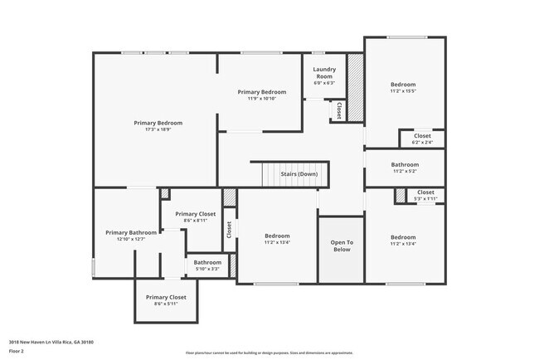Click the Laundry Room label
click(324, 73)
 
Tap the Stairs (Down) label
click(299, 174)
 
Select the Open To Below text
click(343, 246)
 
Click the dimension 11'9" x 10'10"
click(261, 99)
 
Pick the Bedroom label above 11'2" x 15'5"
click(403, 85)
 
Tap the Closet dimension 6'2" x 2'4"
click(422, 143)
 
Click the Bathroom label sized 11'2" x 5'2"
click(405, 164)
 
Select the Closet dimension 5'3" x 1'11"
click(425, 199)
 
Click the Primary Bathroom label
click(131, 232)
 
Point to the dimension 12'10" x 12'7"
click(131, 240)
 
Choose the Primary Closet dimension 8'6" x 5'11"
click(166, 304)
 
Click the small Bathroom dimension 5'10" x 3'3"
click(207, 269)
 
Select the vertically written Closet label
click(229, 230)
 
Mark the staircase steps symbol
click(273, 175)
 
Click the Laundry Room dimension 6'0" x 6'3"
click(324, 83)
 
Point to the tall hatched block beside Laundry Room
click(355, 87)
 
